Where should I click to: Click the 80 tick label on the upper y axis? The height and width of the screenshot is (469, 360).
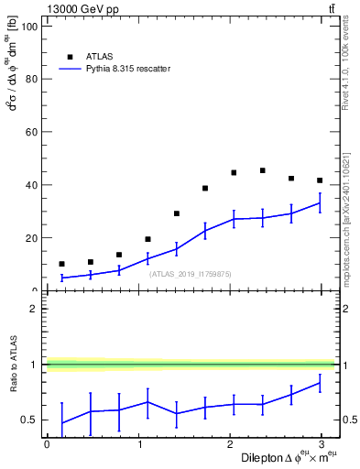(29, 80)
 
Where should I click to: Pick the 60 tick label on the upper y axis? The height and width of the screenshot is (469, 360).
(29, 132)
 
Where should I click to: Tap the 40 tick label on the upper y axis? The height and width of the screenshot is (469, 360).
(29, 185)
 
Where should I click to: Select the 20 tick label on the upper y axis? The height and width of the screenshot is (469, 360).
(29, 238)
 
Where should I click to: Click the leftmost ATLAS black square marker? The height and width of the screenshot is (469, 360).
(61, 264)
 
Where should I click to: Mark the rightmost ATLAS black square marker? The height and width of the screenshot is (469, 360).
(320, 180)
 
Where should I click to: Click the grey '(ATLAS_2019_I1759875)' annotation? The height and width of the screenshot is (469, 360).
(191, 273)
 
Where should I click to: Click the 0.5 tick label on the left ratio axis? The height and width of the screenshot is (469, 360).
(27, 420)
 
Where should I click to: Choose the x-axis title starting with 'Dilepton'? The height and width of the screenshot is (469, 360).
(285, 457)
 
